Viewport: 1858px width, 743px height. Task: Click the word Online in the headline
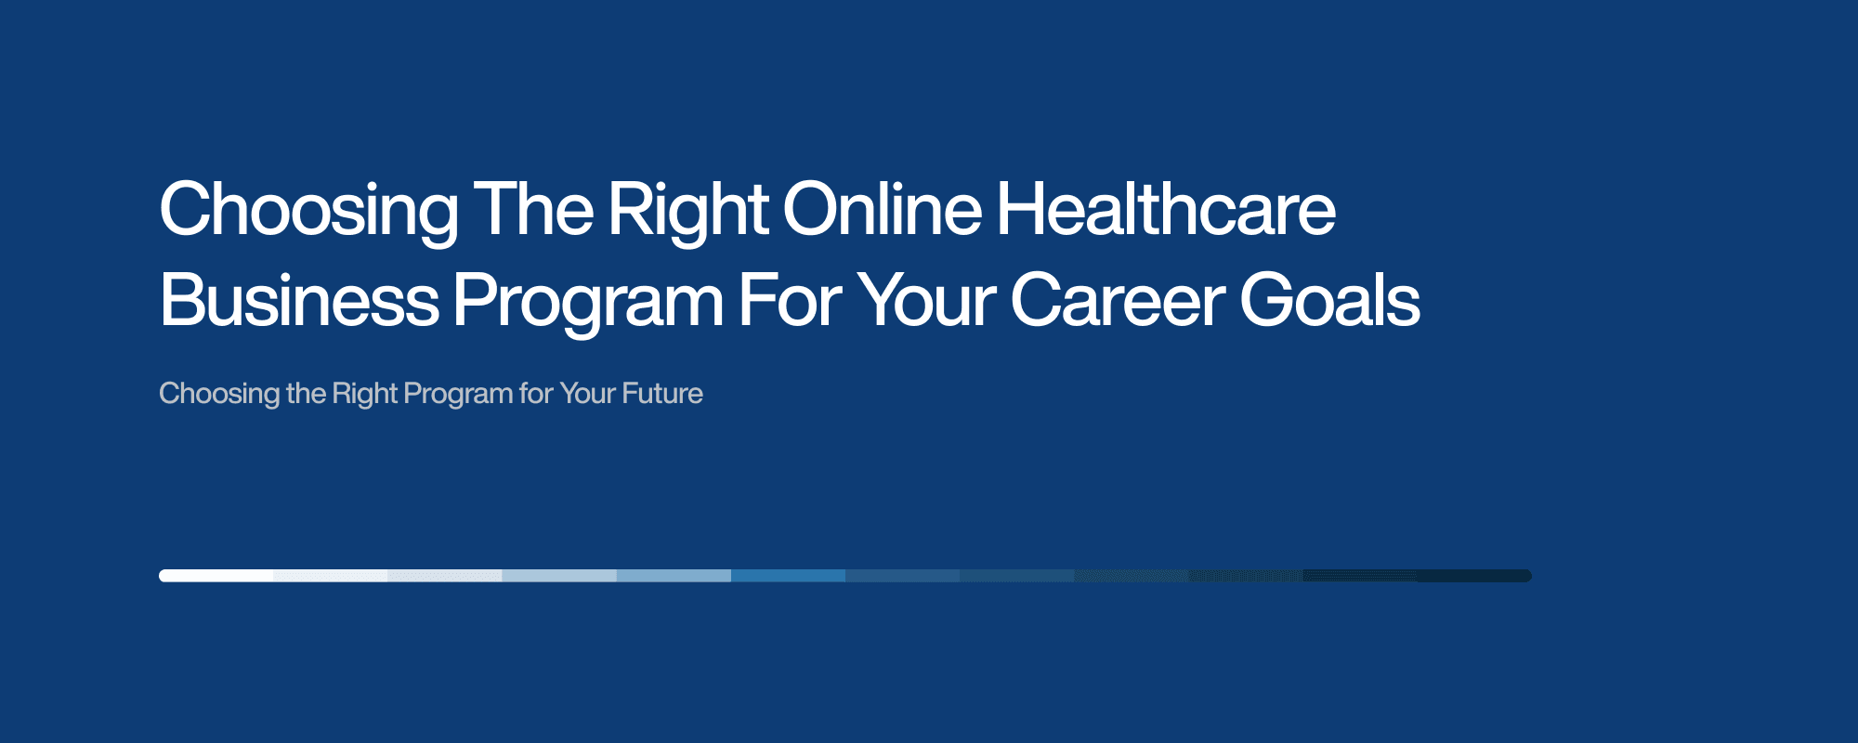[882, 210]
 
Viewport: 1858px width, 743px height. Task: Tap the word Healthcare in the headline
[1166, 210]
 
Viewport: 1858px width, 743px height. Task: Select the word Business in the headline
[299, 301]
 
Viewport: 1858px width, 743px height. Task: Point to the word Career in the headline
[1118, 301]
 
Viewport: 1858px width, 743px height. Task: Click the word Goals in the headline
[1329, 301]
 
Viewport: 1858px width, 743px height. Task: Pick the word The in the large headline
[533, 210]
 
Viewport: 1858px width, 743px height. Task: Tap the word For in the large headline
[790, 301]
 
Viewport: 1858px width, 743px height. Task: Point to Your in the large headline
[926, 301]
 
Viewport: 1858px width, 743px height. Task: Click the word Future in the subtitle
[662, 394]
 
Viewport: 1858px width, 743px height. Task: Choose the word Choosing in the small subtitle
[219, 395]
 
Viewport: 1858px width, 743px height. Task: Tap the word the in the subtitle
[306, 394]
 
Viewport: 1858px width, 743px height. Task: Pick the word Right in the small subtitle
[364, 395]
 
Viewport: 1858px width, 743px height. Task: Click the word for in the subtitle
[536, 394]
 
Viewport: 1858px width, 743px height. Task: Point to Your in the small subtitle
[587, 394]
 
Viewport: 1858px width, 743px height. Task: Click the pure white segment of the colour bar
[216, 576]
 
